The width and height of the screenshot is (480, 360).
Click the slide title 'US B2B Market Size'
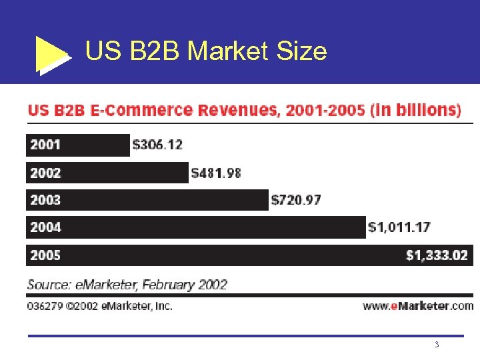point(206,51)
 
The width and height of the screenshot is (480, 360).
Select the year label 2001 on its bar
point(45,145)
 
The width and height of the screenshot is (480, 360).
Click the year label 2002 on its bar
point(45,173)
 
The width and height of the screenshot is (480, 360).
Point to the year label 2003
point(45,199)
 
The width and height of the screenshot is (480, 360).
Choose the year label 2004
point(45,227)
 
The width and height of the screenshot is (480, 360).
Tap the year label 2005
point(45,255)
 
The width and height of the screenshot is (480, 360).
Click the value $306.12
point(157,145)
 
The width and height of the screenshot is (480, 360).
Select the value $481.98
point(216,173)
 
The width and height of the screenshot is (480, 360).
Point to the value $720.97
point(296,199)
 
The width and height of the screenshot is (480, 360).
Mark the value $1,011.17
point(399,227)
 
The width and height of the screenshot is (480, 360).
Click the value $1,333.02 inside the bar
point(437,255)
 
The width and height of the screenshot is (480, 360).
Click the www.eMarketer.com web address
point(418,306)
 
